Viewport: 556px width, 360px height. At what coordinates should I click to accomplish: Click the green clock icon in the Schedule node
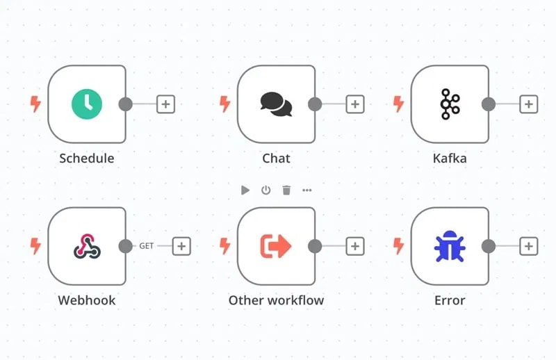coord(87,104)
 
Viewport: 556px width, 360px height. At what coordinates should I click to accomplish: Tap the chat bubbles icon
coord(276,104)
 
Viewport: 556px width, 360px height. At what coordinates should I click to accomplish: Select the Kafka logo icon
coord(450,104)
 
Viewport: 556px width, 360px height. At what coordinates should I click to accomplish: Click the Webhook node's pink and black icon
coord(88,246)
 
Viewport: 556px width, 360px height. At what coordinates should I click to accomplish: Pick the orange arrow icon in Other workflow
coord(276,246)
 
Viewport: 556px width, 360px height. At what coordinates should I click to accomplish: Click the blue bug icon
coord(450,246)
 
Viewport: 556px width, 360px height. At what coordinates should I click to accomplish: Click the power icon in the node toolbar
coord(265,190)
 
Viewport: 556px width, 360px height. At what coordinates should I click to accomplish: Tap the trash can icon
coord(286,190)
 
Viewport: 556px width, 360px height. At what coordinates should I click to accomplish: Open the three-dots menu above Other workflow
coord(307,190)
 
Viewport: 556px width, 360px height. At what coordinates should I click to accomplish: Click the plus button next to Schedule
coord(165,104)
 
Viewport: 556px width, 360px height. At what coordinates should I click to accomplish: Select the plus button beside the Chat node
coord(355,104)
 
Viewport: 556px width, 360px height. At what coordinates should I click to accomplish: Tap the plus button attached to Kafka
coord(529,104)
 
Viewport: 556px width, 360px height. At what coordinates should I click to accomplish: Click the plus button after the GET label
coord(181,246)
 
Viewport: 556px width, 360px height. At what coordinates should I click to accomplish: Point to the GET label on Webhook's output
coord(147,246)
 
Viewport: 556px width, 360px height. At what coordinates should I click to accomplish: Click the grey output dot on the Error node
coord(489,246)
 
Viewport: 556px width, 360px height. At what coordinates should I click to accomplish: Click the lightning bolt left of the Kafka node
coord(398,104)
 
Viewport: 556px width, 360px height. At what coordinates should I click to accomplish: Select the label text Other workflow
coord(276,300)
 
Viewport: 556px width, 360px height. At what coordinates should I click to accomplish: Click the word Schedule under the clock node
coord(87,158)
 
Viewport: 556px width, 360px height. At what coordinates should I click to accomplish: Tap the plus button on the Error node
coord(529,246)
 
